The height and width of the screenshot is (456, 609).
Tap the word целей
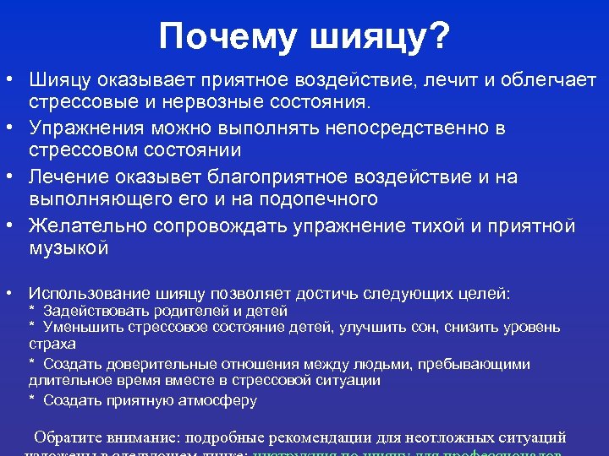click(480, 293)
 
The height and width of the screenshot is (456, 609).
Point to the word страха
click(52, 344)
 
